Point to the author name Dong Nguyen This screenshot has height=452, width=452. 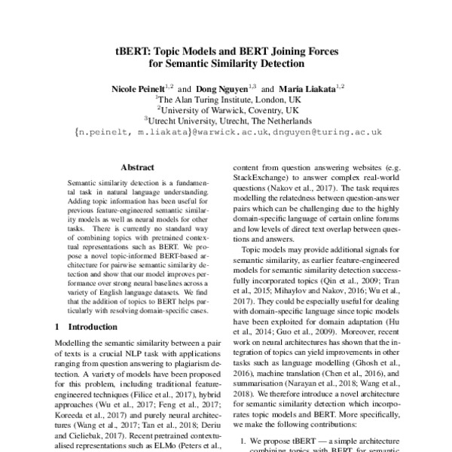[x=224, y=89]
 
